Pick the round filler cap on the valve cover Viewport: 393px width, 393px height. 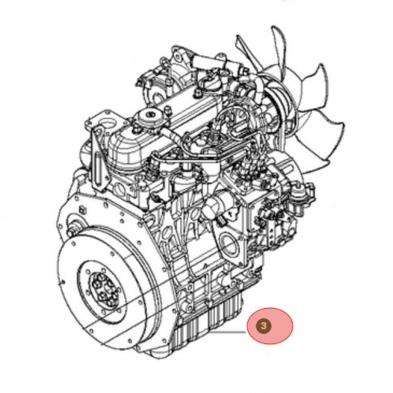(x=148, y=114)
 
